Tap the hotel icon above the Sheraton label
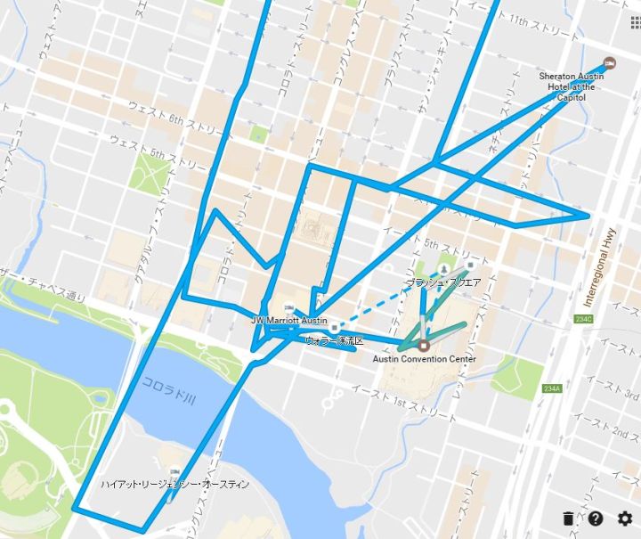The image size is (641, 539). (x=610, y=62)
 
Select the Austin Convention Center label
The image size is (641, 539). (x=424, y=359)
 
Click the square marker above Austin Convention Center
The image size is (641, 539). (x=424, y=345)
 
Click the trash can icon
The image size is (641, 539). (x=568, y=519)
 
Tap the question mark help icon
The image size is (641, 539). (x=596, y=519)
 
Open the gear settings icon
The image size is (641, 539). (x=625, y=519)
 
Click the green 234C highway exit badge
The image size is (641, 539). (x=584, y=319)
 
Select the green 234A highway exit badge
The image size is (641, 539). (x=551, y=389)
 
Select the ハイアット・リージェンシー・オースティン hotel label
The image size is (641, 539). (x=174, y=484)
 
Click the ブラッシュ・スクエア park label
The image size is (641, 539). (x=443, y=282)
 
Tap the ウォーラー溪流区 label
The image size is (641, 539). (x=335, y=340)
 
